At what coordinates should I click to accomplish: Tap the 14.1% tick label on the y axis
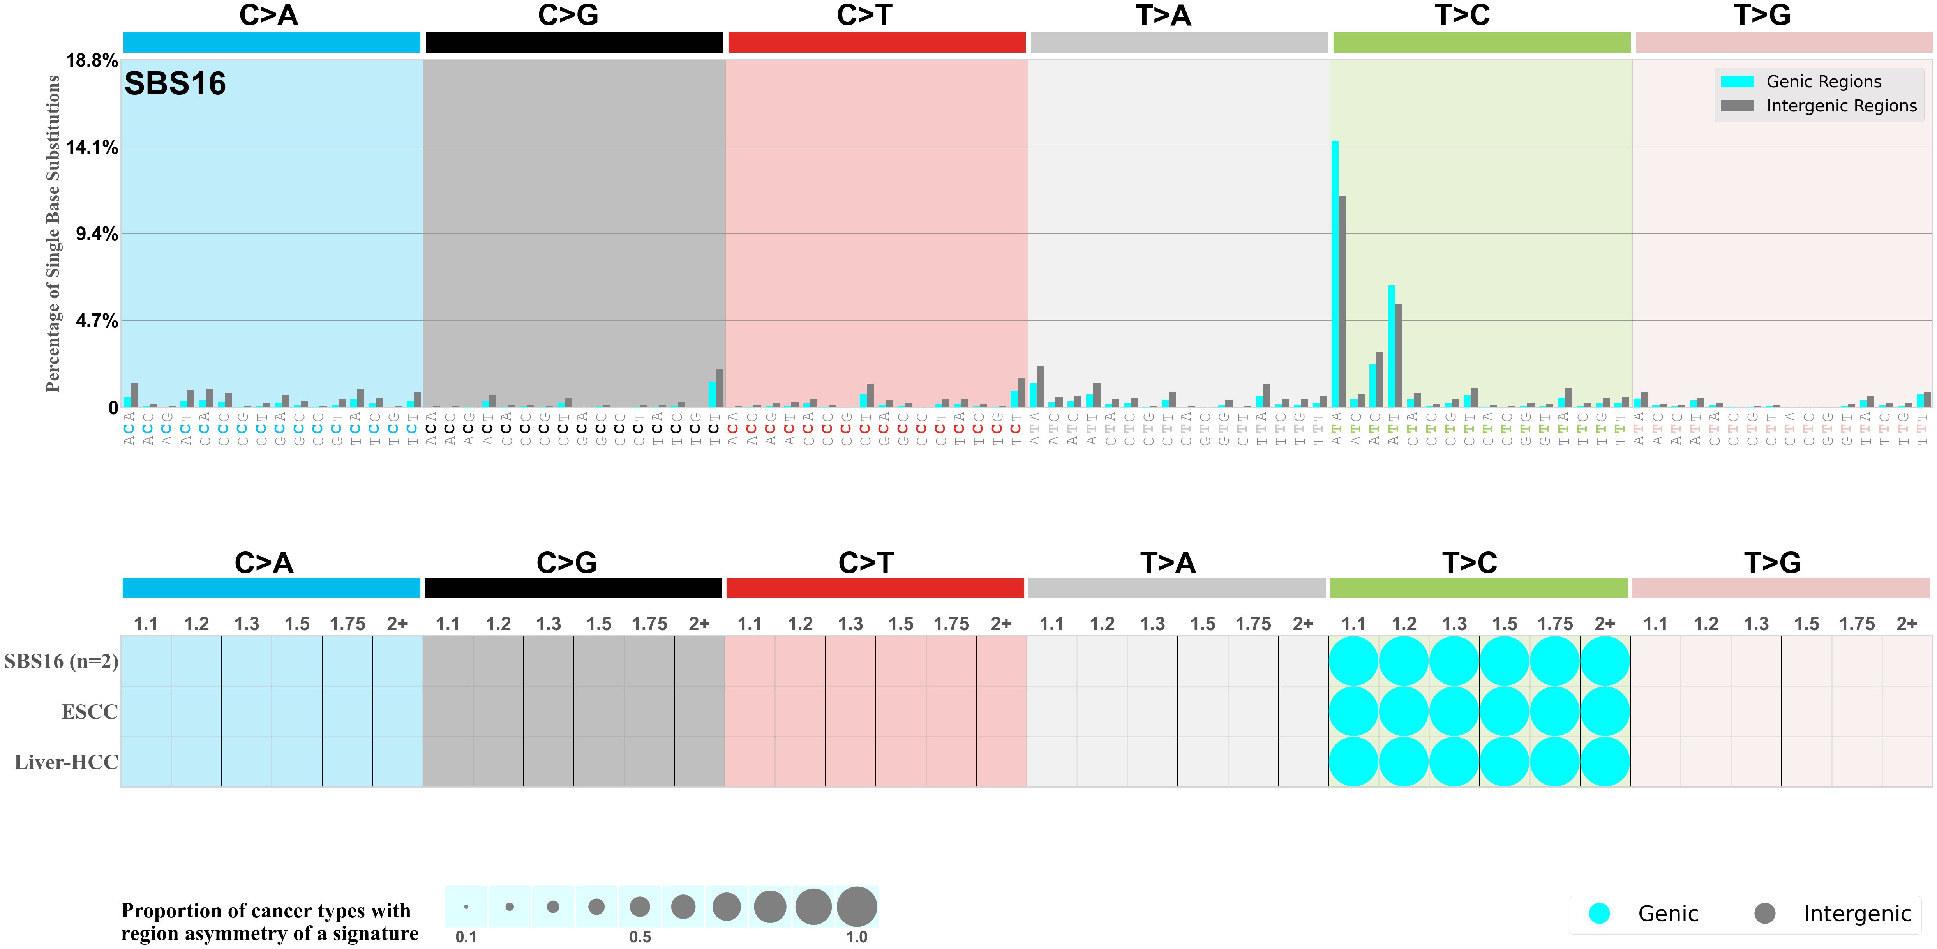click(x=92, y=147)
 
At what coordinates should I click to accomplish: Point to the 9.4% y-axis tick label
click(x=96, y=234)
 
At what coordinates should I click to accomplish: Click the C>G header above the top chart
click(x=568, y=15)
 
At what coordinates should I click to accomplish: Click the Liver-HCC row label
click(x=66, y=762)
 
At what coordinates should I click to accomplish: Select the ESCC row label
click(x=90, y=711)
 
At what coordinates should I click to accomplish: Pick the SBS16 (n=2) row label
click(x=61, y=661)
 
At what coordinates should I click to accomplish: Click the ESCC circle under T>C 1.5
click(x=1504, y=711)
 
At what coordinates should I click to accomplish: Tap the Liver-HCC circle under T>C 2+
click(x=1605, y=762)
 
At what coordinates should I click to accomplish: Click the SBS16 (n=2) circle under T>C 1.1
click(x=1353, y=661)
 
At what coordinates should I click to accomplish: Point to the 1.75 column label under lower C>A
click(x=348, y=624)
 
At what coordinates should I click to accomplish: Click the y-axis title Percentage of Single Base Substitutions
click(x=53, y=233)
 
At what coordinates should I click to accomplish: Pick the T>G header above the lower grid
click(x=1772, y=562)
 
